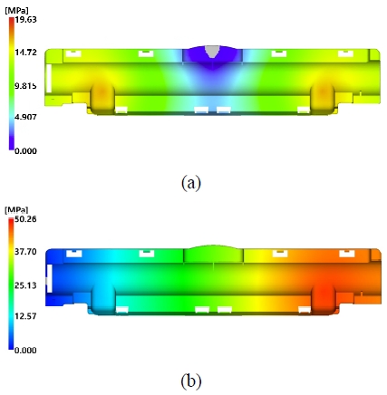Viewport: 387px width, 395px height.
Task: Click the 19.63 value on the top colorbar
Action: coord(25,20)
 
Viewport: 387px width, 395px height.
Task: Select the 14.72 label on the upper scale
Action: coord(25,53)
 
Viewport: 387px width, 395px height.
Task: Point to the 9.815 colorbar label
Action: coord(25,86)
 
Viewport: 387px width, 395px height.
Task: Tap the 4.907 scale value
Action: coord(25,117)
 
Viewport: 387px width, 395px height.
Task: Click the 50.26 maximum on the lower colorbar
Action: coord(25,219)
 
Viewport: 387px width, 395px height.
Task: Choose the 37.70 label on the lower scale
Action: coord(25,252)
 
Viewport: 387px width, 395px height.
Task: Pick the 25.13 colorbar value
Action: coord(25,285)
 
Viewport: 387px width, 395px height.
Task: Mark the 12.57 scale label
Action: coord(25,316)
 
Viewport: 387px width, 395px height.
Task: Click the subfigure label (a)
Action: coord(191,183)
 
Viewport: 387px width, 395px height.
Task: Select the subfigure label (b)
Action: coord(191,381)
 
